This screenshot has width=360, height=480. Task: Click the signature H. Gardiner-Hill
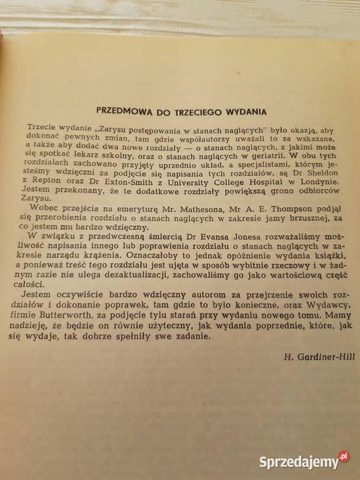tap(322, 357)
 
